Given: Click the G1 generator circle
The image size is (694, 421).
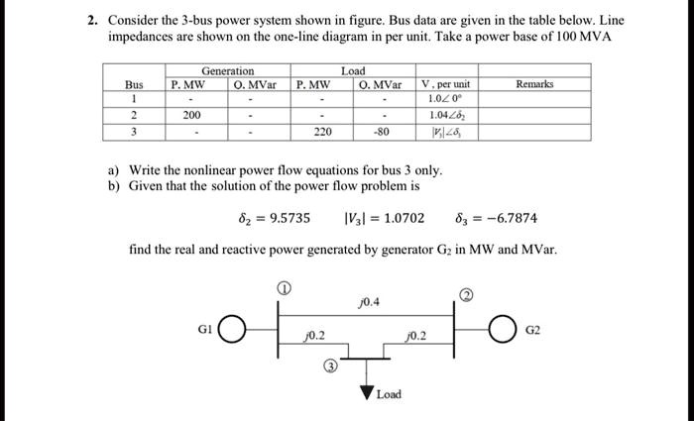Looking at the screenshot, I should [232, 328].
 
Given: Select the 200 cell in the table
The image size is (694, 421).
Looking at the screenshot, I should [191, 114].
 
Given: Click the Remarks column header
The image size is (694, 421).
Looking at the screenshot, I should [534, 85].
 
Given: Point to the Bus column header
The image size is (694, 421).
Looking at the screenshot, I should [134, 85].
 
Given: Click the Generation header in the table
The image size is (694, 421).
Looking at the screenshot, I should [227, 71].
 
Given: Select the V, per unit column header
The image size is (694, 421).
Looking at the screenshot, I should [445, 85].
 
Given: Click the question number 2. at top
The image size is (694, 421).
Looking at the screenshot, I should [89, 20].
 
